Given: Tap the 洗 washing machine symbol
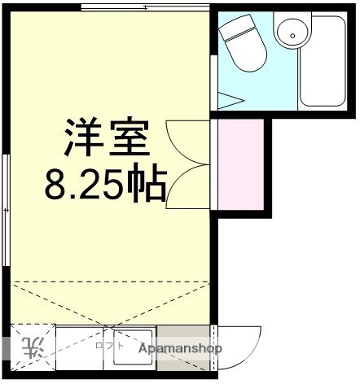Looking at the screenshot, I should click(x=33, y=348).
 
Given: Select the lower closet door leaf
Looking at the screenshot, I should click(x=183, y=185).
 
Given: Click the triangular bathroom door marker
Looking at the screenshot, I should click(x=231, y=103).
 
